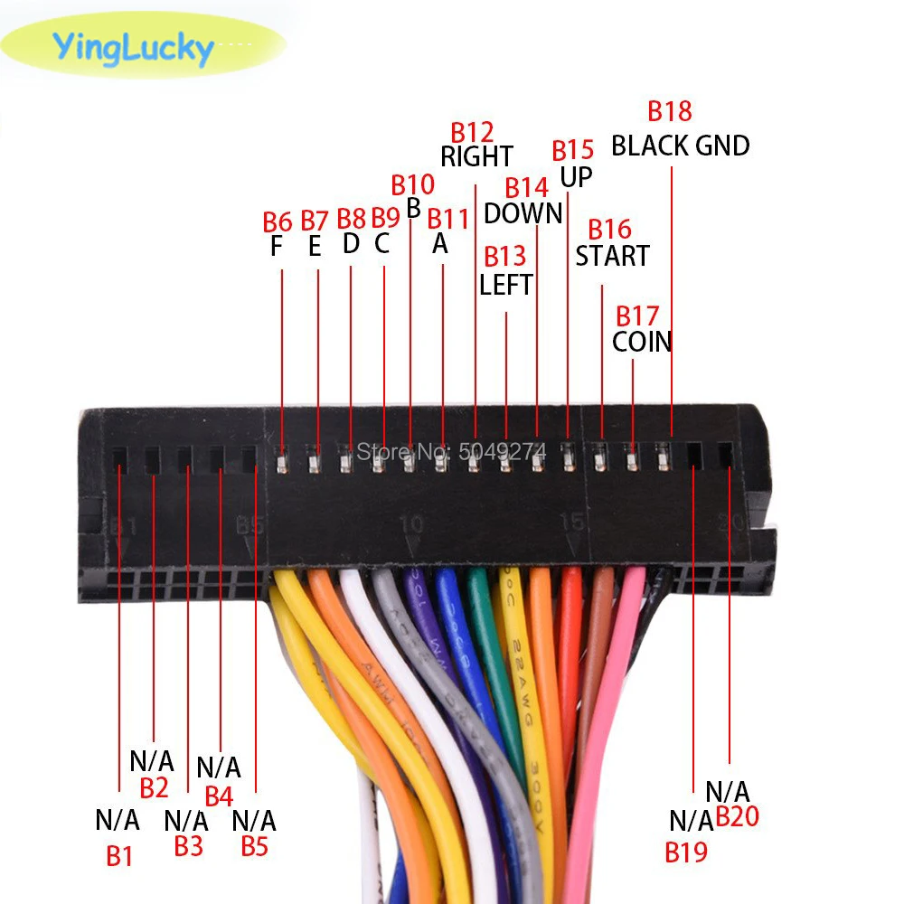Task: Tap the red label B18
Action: pos(670,111)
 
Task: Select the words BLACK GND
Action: pos(681,146)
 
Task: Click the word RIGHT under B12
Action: pos(476,156)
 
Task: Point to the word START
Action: pos(612,256)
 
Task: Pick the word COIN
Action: pos(642,342)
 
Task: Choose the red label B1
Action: pos(119,855)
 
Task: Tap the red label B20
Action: pos(738,817)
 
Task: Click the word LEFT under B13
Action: pos(505,286)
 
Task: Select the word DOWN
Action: pos(523,213)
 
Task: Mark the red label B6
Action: pos(278,221)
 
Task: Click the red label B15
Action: pos(573,150)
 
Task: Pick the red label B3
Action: pos(188,847)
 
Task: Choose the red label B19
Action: pos(686,851)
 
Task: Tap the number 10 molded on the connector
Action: pos(410,523)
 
